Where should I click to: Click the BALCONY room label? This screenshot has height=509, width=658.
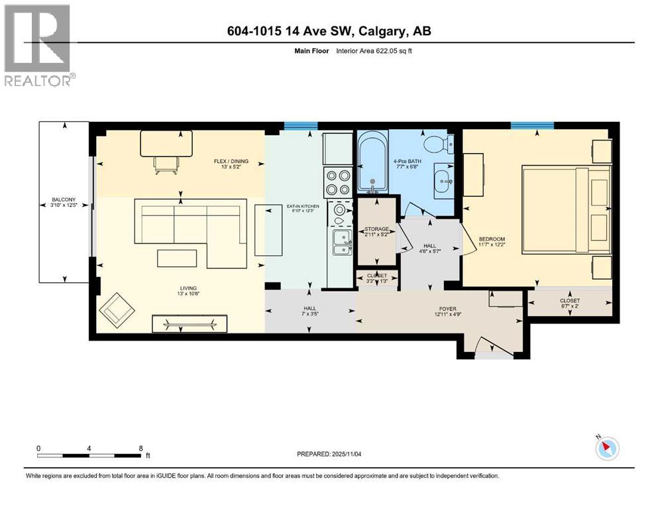(x=64, y=199)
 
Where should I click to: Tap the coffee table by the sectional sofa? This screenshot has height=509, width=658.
(x=177, y=257)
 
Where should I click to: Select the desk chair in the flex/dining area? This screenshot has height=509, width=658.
(x=165, y=166)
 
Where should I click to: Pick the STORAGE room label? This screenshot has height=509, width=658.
(x=376, y=229)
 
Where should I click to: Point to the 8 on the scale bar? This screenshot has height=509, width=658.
(x=140, y=448)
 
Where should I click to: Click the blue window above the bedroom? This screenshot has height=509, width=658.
(x=532, y=125)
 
